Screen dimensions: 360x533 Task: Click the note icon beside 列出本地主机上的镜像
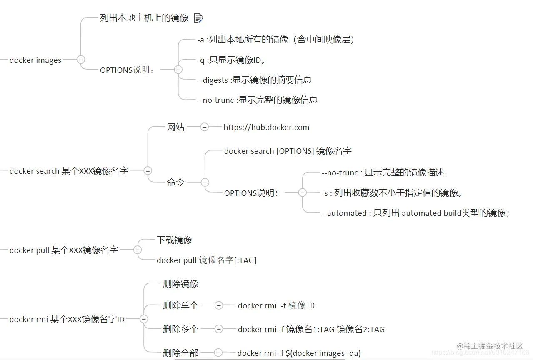pyautogui.click(x=198, y=18)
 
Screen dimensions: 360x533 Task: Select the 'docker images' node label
pyautogui.click(x=35, y=60)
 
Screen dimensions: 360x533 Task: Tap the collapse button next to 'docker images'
pyautogui.click(x=81, y=60)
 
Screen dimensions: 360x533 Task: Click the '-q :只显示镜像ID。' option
pyautogui.click(x=232, y=60)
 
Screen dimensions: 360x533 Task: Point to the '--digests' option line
pyautogui.click(x=255, y=80)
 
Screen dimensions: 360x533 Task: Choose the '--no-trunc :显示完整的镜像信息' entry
pyautogui.click(x=258, y=100)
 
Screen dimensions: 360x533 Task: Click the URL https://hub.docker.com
pyautogui.click(x=266, y=127)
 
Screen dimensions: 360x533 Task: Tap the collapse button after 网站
pyautogui.click(x=204, y=127)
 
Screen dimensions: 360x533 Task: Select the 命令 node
pyautogui.click(x=175, y=182)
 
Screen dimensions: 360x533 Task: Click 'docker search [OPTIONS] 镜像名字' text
pyautogui.click(x=288, y=151)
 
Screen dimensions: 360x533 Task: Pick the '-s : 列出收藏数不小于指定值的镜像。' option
pyautogui.click(x=392, y=193)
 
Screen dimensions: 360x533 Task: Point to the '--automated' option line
pyautogui.click(x=415, y=213)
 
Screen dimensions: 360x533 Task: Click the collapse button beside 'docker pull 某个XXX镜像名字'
pyautogui.click(x=138, y=250)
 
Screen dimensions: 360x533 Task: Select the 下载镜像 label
pyautogui.click(x=174, y=240)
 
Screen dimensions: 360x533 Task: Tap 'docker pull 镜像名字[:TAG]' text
pyautogui.click(x=206, y=260)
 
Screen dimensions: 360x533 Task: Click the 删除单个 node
pyautogui.click(x=180, y=305)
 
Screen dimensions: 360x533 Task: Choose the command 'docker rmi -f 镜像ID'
pyautogui.click(x=276, y=306)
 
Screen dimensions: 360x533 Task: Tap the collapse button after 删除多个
pyautogui.click(x=219, y=329)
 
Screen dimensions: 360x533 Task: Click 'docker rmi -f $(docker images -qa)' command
pyautogui.click(x=299, y=353)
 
